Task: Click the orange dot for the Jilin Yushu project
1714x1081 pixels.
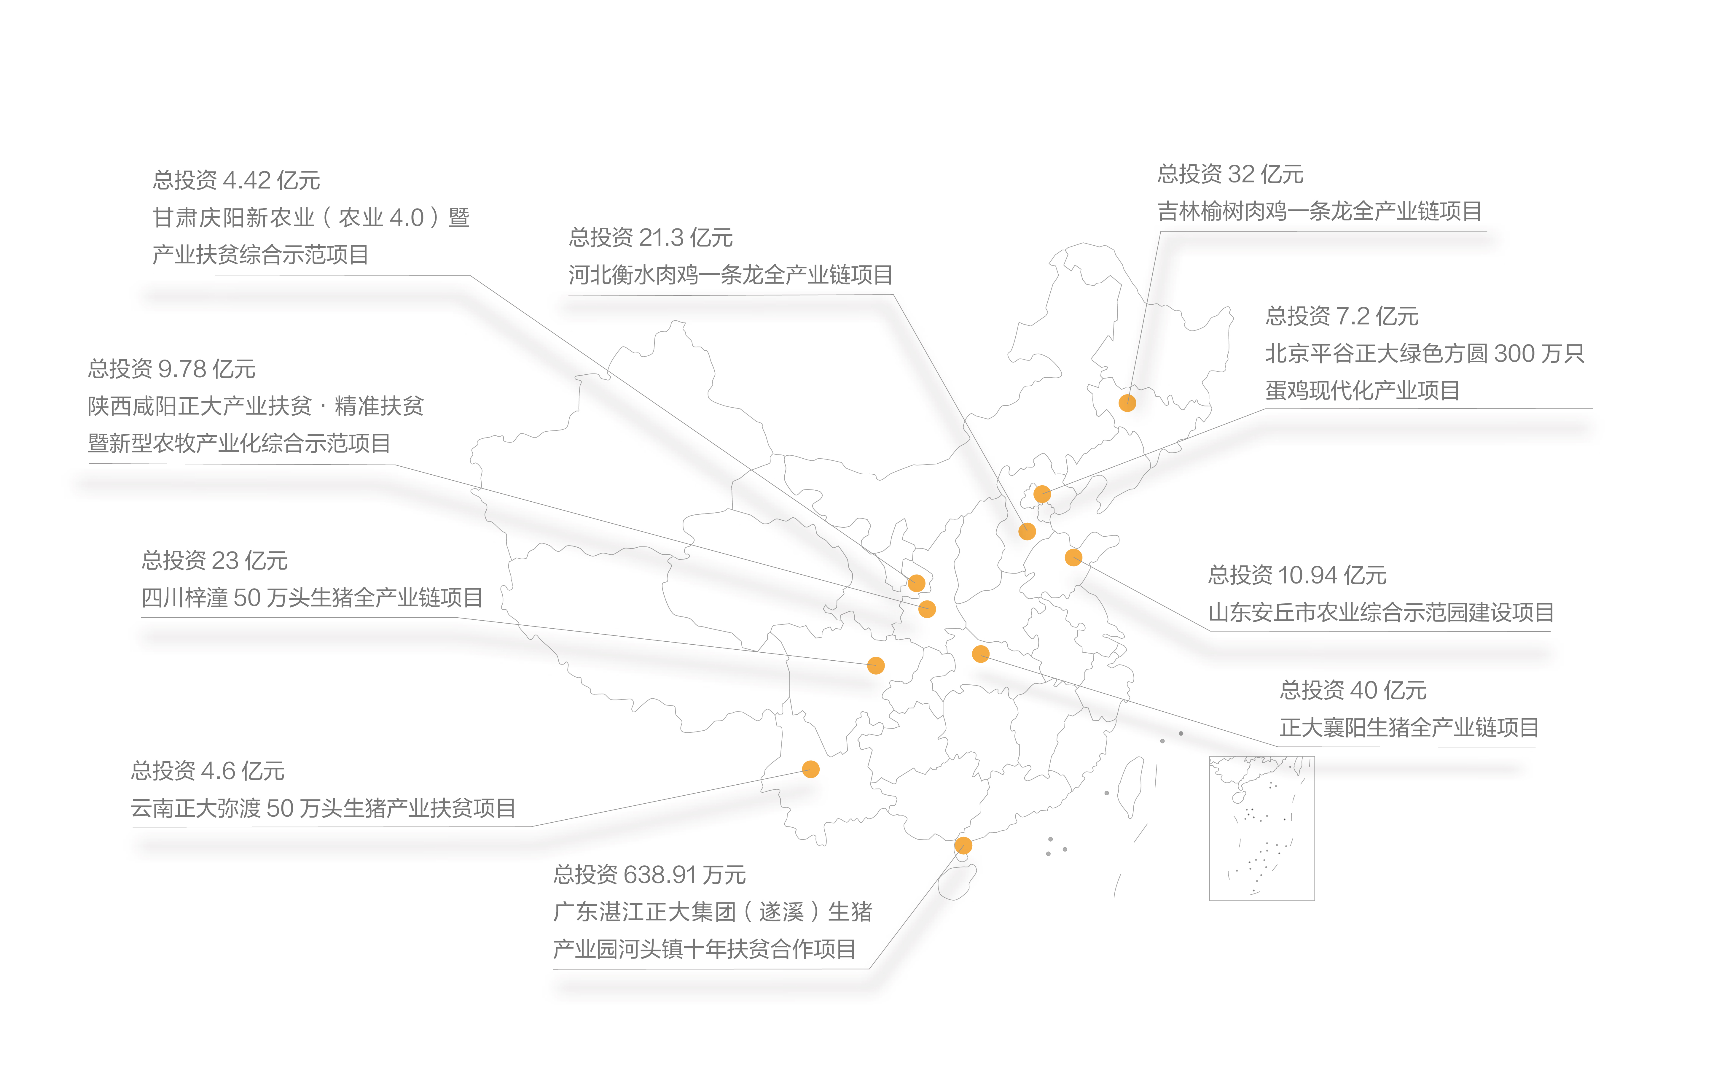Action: pos(1127,403)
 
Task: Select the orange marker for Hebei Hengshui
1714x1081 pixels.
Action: pos(1026,531)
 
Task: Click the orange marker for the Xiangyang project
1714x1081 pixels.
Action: pos(980,654)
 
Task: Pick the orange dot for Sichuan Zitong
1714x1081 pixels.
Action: pos(875,665)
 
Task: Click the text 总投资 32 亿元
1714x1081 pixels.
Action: pos(1230,174)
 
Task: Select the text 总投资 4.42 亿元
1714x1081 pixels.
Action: pos(236,180)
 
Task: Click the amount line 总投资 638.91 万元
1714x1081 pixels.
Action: pos(649,875)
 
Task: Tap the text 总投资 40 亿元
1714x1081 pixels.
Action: pos(1353,690)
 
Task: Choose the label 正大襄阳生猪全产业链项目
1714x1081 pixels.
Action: pos(1409,727)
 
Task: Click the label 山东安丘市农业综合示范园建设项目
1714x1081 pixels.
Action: pos(1380,612)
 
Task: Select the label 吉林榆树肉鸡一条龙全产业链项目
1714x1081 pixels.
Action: pos(1319,211)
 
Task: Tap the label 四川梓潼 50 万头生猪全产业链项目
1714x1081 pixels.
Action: pos(312,597)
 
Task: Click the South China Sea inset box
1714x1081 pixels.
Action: pos(1261,828)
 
